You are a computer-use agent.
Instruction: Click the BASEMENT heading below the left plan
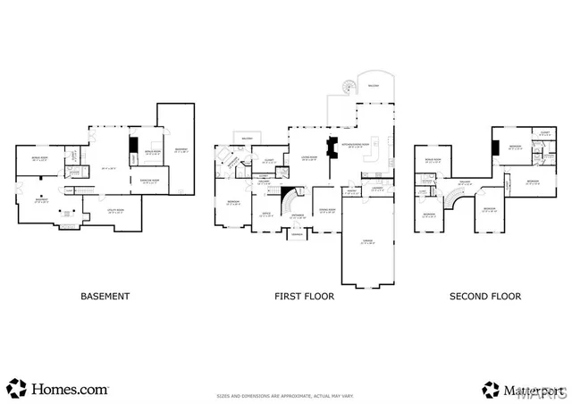(105, 296)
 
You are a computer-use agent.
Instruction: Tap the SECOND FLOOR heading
(486, 296)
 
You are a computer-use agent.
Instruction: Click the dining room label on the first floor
(325, 211)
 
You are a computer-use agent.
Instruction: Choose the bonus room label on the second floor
(433, 160)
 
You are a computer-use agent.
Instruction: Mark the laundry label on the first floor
(378, 189)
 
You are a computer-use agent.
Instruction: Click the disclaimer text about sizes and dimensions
(284, 394)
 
